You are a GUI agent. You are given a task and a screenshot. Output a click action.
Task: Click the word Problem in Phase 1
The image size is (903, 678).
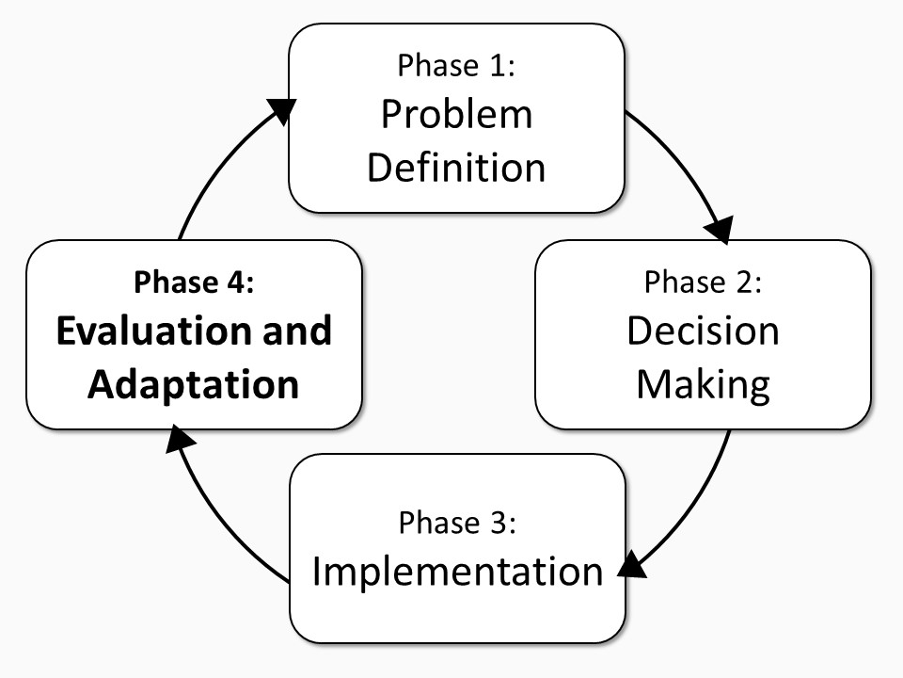click(x=457, y=114)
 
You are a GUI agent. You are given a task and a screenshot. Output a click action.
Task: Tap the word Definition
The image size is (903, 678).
click(x=456, y=168)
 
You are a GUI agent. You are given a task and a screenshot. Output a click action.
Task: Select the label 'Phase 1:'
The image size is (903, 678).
click(x=456, y=65)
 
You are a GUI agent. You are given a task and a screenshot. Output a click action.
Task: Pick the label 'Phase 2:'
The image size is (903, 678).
click(x=703, y=282)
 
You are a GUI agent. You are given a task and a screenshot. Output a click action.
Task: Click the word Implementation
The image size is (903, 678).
click(x=457, y=572)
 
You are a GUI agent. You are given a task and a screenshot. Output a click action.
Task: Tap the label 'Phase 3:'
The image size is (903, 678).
click(x=457, y=523)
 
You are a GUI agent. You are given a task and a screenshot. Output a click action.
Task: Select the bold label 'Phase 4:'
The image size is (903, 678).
click(x=194, y=282)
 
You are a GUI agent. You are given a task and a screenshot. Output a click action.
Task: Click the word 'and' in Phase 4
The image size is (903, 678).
click(x=297, y=331)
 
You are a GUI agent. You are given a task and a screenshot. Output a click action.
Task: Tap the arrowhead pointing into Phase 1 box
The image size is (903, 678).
click(x=282, y=109)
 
